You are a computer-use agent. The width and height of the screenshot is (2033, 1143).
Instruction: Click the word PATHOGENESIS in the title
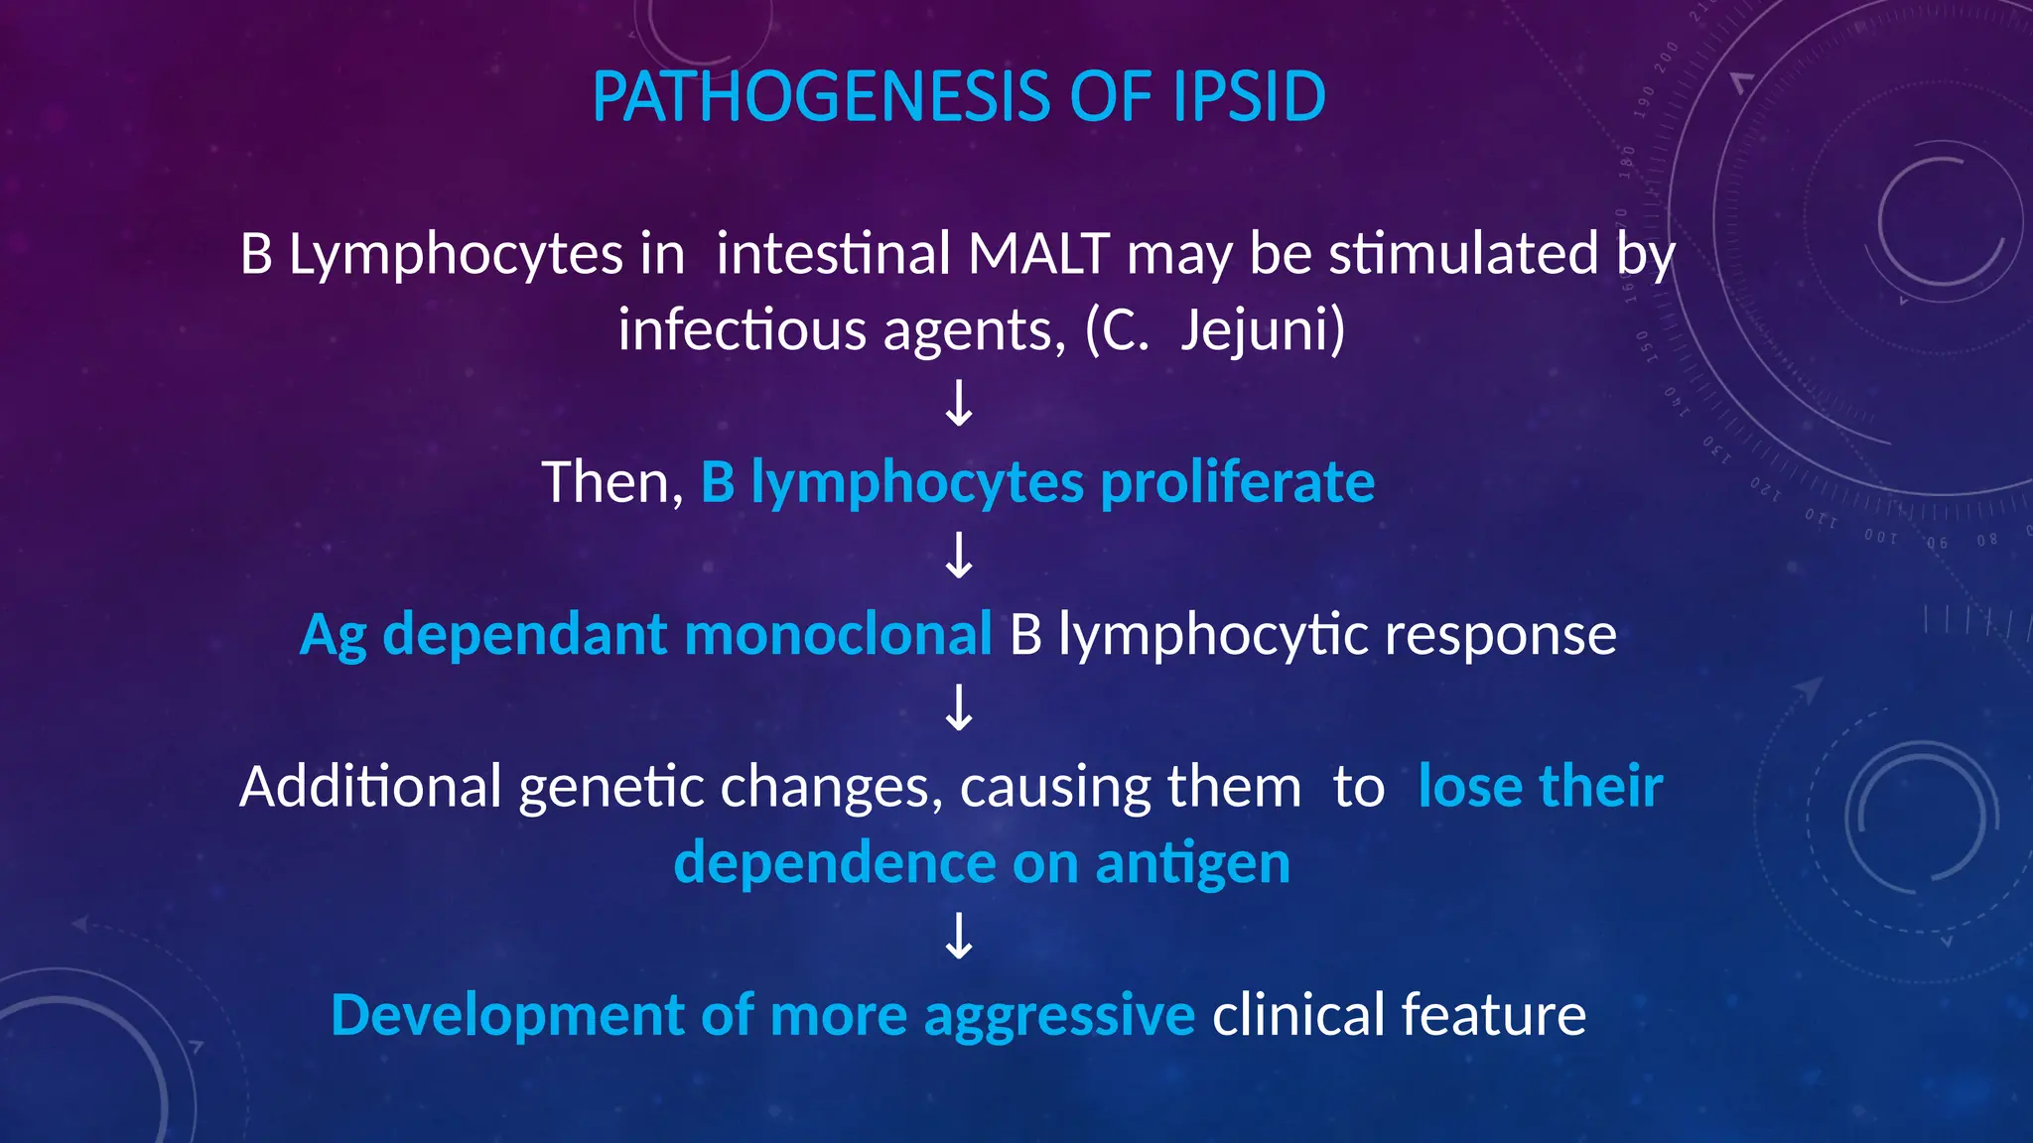(x=820, y=97)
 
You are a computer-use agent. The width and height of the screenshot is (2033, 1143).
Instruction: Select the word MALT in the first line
(x=1038, y=253)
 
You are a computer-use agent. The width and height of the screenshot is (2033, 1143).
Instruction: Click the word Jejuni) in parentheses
(x=1263, y=329)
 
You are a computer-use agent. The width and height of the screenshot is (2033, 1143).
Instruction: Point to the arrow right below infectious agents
(x=959, y=404)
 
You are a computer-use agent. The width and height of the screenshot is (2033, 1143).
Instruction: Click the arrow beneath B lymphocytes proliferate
(x=959, y=556)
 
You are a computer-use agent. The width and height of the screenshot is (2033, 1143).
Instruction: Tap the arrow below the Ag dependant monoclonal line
(x=959, y=708)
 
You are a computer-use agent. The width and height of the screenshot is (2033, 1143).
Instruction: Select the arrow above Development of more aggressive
(x=959, y=937)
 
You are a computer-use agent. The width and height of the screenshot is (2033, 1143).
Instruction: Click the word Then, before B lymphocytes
(x=612, y=483)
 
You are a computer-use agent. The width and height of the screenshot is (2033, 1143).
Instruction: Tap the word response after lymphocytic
(x=1500, y=635)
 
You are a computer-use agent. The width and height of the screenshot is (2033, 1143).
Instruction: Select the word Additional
(x=370, y=787)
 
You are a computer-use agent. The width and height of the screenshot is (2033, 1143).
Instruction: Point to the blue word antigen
(x=1192, y=863)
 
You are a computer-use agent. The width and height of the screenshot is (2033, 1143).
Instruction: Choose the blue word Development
(x=507, y=1016)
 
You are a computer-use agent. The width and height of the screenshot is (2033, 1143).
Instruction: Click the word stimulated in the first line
(x=1463, y=253)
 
